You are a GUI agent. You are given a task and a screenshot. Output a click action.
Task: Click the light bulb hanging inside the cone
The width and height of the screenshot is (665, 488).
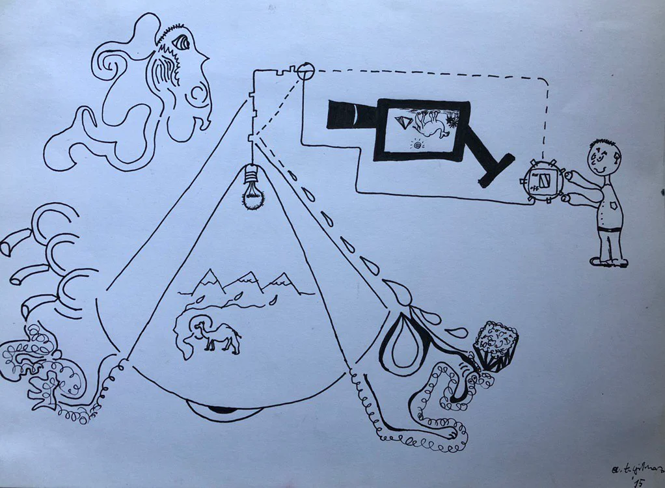tap(252, 188)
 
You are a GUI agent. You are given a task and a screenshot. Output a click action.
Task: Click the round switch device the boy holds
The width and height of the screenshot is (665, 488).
tap(541, 180)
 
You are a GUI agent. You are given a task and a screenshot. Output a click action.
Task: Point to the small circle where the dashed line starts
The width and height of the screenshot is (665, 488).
tap(306, 70)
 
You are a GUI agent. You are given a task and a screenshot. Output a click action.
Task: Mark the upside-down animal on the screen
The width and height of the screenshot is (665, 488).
tap(430, 123)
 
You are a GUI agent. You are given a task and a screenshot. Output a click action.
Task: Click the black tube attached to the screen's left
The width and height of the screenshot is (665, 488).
tap(351, 115)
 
